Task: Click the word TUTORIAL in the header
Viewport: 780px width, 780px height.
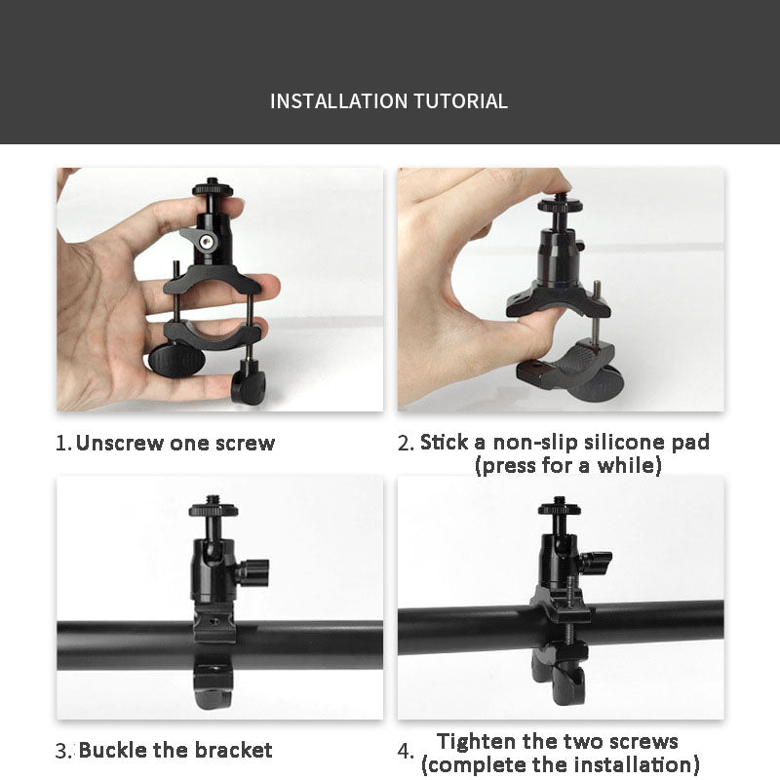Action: point(460,101)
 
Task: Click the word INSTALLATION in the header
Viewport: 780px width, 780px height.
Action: point(339,101)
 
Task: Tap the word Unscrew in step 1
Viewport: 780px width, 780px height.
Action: point(119,443)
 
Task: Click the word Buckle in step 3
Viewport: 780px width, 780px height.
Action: point(112,750)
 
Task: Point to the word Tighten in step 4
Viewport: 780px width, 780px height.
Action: point(476,742)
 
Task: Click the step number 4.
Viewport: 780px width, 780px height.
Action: point(405,751)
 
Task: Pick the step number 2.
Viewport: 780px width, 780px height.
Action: point(406,444)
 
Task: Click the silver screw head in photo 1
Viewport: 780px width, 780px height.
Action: point(207,242)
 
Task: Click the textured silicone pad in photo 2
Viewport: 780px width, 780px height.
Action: point(578,359)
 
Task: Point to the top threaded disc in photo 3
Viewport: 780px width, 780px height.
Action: point(214,509)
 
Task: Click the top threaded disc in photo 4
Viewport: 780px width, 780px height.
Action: point(560,508)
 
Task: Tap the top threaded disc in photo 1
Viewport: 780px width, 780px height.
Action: point(213,189)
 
